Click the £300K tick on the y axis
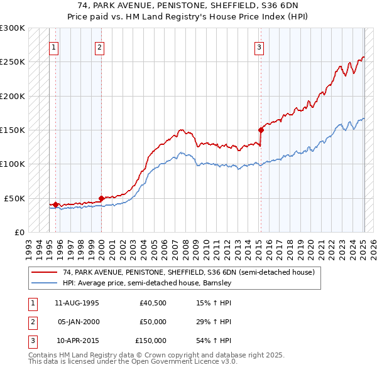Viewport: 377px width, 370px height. [x=13, y=28]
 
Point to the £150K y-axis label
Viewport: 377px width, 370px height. [x=13, y=130]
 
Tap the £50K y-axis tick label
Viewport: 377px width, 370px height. [x=14, y=198]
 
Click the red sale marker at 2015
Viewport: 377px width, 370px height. [x=260, y=130]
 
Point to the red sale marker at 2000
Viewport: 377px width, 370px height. [x=102, y=198]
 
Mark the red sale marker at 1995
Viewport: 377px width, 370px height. [x=56, y=204]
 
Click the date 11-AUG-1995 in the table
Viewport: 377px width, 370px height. [x=77, y=304]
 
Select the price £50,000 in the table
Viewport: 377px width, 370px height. [x=153, y=322]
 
